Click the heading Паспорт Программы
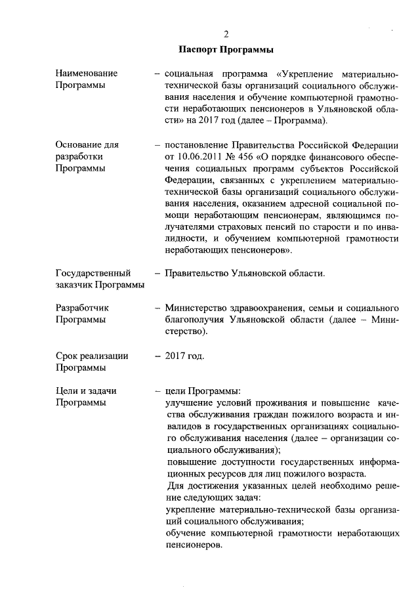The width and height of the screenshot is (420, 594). pyautogui.click(x=226, y=49)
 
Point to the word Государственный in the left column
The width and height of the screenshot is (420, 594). pyautogui.click(x=93, y=272)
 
